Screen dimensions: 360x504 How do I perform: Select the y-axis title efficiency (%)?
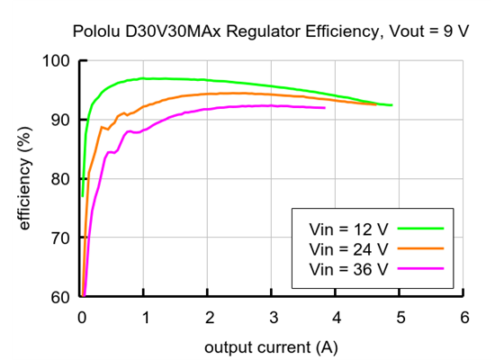(24, 179)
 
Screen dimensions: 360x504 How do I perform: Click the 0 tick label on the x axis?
(81, 318)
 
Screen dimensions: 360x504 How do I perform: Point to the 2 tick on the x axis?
(209, 318)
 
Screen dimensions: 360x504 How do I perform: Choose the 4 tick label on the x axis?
(337, 318)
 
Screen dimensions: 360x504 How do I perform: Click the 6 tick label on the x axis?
(463, 318)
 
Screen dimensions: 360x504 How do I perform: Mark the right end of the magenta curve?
(325, 108)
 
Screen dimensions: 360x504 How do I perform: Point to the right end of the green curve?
(391, 105)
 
